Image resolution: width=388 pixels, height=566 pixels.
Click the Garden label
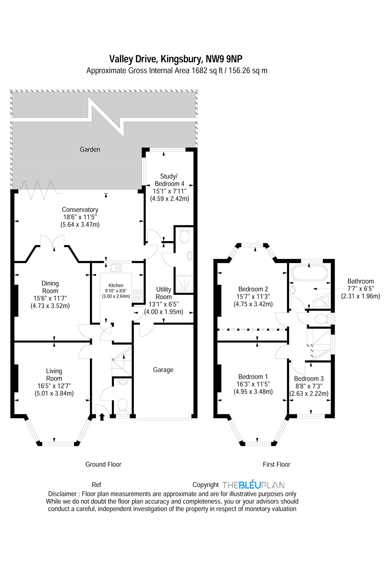tap(90, 149)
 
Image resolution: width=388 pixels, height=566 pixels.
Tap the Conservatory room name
tap(80, 210)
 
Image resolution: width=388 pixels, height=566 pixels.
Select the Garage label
tap(163, 370)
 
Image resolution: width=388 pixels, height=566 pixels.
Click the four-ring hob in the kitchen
tap(138, 294)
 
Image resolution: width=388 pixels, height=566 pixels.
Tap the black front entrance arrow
tap(102, 417)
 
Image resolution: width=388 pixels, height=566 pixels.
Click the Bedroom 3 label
tap(309, 379)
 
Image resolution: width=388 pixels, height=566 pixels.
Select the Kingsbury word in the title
tap(181, 59)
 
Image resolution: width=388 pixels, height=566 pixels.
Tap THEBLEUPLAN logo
tap(253, 485)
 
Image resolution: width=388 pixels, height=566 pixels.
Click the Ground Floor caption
tap(103, 464)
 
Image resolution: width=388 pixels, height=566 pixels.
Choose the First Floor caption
tap(276, 464)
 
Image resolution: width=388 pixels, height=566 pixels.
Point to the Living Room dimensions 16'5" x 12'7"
tap(54, 386)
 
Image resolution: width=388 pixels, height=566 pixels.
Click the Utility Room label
tap(164, 293)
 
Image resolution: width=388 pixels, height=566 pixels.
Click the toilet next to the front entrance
tap(122, 405)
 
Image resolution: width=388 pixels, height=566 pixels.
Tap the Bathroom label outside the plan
tap(360, 281)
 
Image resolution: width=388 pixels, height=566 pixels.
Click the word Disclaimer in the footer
tap(62, 494)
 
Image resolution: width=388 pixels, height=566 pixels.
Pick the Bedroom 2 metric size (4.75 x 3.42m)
tap(253, 304)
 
